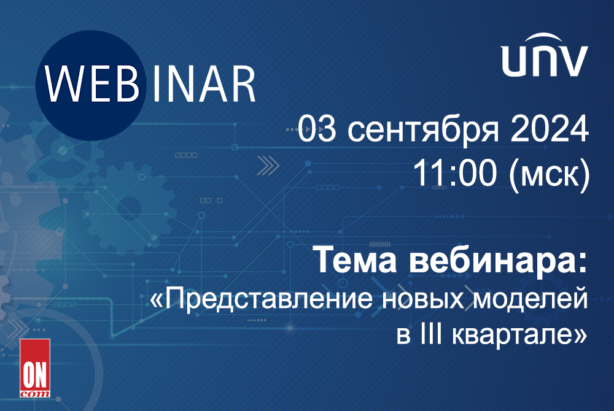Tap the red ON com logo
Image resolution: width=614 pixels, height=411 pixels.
tap(35, 368)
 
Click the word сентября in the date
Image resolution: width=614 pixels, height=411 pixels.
tap(423, 129)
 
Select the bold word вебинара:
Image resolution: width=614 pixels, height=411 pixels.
tap(499, 259)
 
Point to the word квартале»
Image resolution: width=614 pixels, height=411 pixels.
tap(519, 336)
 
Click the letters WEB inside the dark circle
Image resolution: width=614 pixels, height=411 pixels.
tap(92, 84)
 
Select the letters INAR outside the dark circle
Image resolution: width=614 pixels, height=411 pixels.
tap(204, 84)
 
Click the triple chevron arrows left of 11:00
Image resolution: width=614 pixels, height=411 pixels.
tap(268, 166)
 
